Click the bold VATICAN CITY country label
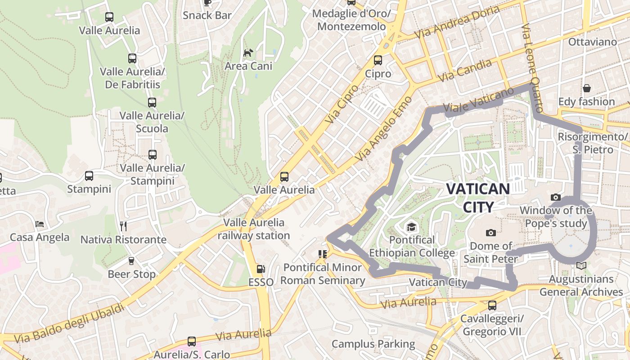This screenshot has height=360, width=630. click(x=478, y=198)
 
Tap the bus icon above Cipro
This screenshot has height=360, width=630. click(x=378, y=60)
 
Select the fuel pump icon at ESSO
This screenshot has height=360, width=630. click(x=261, y=269)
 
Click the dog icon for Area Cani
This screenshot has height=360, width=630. click(x=248, y=53)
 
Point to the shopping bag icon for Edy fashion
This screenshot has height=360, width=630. click(x=586, y=88)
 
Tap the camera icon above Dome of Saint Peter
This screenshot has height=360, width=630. click(x=491, y=233)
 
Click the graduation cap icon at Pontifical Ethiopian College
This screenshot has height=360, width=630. click(x=411, y=227)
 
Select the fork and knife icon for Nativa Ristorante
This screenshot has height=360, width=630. click(x=123, y=226)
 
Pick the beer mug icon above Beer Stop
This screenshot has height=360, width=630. click(x=131, y=261)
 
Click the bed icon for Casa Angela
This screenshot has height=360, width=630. click(x=40, y=224)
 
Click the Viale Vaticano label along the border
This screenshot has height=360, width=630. click(x=478, y=100)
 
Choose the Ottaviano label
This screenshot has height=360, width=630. click(x=592, y=42)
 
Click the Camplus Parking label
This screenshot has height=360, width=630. click(x=373, y=344)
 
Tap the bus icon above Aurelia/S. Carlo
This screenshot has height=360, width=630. click(x=192, y=341)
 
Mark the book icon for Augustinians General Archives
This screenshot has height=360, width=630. click(x=581, y=265)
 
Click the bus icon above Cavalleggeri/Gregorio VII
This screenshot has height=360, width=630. click(x=492, y=306)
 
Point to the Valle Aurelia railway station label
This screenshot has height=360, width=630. click(x=254, y=229)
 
